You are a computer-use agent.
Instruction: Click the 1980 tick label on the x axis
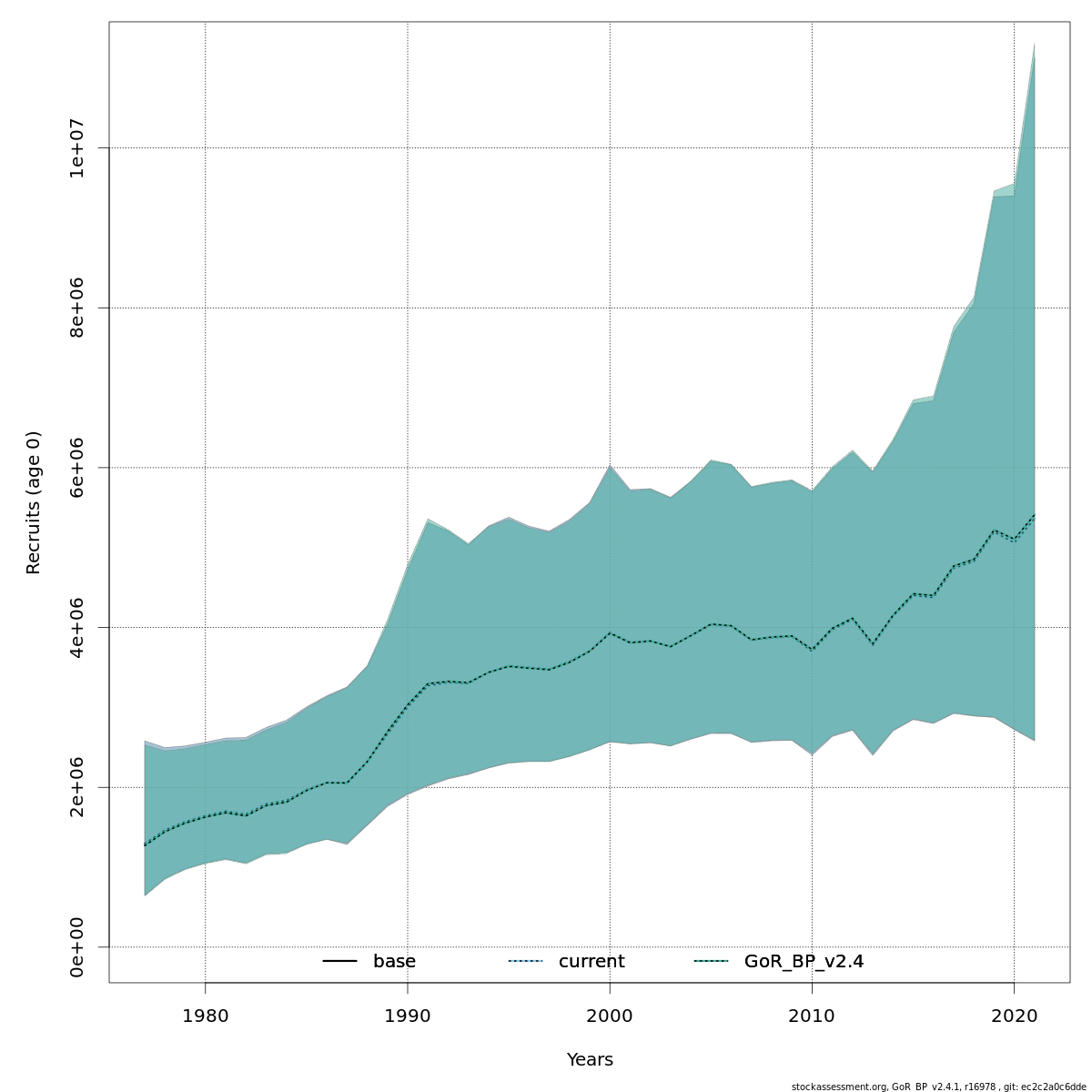point(205,1015)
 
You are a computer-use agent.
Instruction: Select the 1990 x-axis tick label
point(407,1015)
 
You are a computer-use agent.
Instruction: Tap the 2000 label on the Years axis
point(610,1015)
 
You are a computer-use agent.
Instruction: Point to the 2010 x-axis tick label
point(812,1015)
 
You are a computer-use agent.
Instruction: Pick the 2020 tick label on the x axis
point(1014,1015)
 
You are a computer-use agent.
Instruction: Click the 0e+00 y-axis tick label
point(77,947)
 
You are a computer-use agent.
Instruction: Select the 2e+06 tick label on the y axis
point(77,787)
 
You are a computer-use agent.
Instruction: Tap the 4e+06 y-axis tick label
point(77,627)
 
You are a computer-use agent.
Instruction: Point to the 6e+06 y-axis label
point(77,467)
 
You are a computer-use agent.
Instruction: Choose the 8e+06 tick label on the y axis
point(77,308)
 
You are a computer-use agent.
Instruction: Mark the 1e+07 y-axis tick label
point(77,147)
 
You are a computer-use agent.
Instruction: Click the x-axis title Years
point(590,1060)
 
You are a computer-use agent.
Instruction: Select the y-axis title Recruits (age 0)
point(34,502)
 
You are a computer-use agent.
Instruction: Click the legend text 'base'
point(394,962)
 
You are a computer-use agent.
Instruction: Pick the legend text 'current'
point(591,962)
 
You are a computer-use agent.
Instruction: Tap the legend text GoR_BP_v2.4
point(804,962)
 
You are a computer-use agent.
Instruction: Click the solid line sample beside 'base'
point(339,962)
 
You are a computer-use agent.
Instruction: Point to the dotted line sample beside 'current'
point(525,962)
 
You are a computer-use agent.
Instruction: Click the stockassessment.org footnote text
point(938,1086)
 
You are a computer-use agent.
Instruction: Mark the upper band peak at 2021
point(1034,45)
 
